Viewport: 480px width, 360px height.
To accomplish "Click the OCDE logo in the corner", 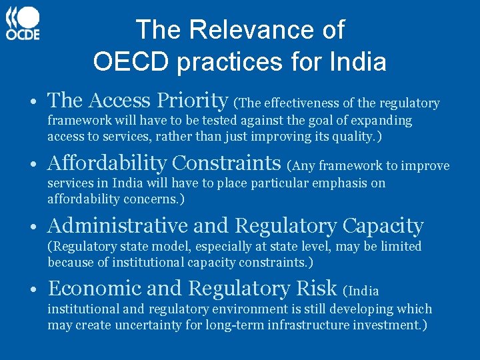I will pos(24,23).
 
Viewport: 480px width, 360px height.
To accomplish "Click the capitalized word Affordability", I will pos(108,163).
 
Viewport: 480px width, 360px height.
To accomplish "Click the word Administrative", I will pos(121,226).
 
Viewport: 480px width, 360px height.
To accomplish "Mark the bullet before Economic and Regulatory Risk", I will pos(33,289).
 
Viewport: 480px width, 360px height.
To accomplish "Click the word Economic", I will pos(93,289).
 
